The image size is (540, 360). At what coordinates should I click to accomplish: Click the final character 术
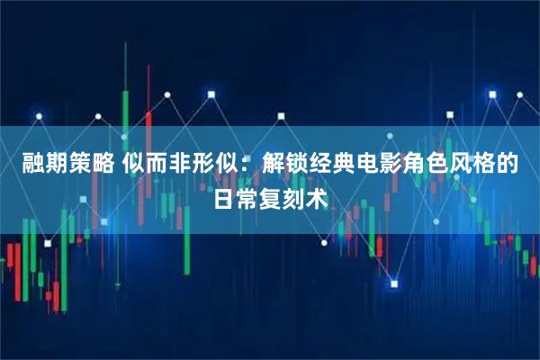point(317,195)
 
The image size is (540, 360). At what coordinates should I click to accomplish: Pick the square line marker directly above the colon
point(211,93)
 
